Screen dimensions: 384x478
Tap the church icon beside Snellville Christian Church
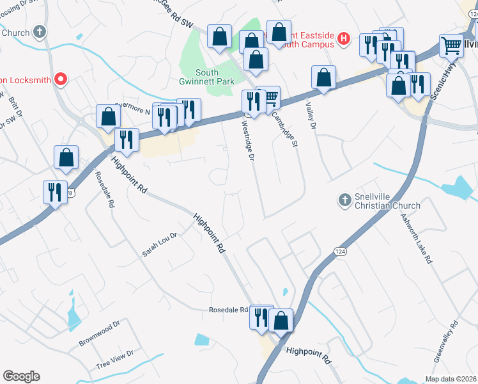[344, 200]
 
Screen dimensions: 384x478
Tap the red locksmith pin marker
[61, 79]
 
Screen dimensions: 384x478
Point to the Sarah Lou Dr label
[159, 244]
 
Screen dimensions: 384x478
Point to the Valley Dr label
[311, 117]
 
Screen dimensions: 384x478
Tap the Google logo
[21, 376]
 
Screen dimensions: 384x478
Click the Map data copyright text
[451, 379]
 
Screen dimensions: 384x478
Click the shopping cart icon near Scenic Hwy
[451, 45]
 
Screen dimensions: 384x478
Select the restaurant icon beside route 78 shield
[54, 192]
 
